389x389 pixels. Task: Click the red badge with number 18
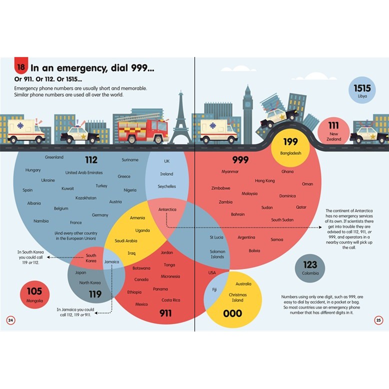[x=20, y=66]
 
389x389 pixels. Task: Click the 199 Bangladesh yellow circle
[x=290, y=146]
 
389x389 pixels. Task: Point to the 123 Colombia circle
[x=310, y=268]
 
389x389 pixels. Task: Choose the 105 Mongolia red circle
[x=34, y=294]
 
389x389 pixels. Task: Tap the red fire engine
[x=143, y=129]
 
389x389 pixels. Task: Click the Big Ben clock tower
[x=248, y=112]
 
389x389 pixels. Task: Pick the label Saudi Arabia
[x=126, y=240]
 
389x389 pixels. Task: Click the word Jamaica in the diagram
[x=111, y=261]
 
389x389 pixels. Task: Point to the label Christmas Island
[x=237, y=297]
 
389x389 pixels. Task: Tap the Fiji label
[x=214, y=289]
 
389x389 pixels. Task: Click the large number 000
[x=232, y=313]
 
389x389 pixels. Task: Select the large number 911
[x=165, y=313]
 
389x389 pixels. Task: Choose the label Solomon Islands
[x=217, y=254]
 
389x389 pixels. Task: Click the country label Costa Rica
[x=170, y=300]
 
